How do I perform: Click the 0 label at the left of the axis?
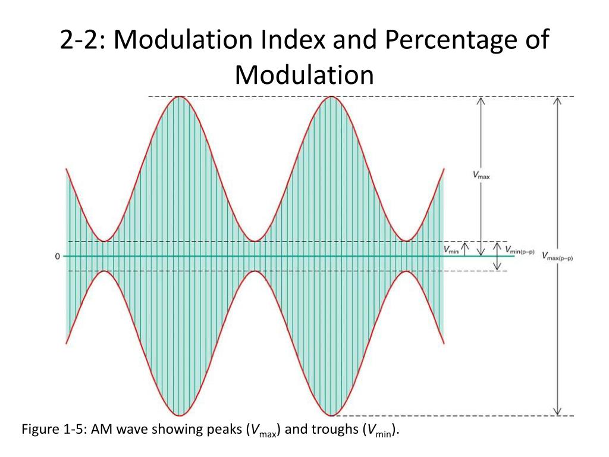click(x=57, y=256)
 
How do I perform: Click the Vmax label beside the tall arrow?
click(x=481, y=175)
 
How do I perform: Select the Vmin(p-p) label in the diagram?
click(x=519, y=250)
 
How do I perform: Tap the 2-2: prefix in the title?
click(x=83, y=41)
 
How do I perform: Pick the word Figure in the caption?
click(x=40, y=430)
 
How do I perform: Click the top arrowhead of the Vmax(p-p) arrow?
click(x=557, y=99)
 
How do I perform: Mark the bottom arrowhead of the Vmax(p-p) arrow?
click(x=557, y=412)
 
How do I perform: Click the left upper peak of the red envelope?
click(x=178, y=96)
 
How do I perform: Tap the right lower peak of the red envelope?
click(x=331, y=415)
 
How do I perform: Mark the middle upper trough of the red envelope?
click(x=255, y=241)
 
